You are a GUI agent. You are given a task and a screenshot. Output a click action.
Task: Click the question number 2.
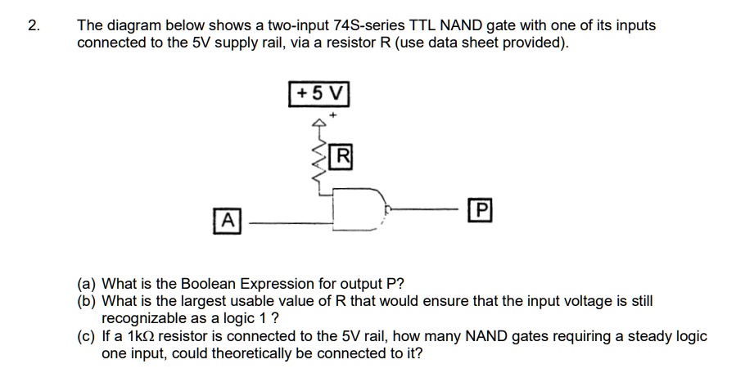[x=33, y=25]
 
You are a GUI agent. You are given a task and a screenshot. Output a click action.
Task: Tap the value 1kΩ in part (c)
[x=139, y=336]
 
